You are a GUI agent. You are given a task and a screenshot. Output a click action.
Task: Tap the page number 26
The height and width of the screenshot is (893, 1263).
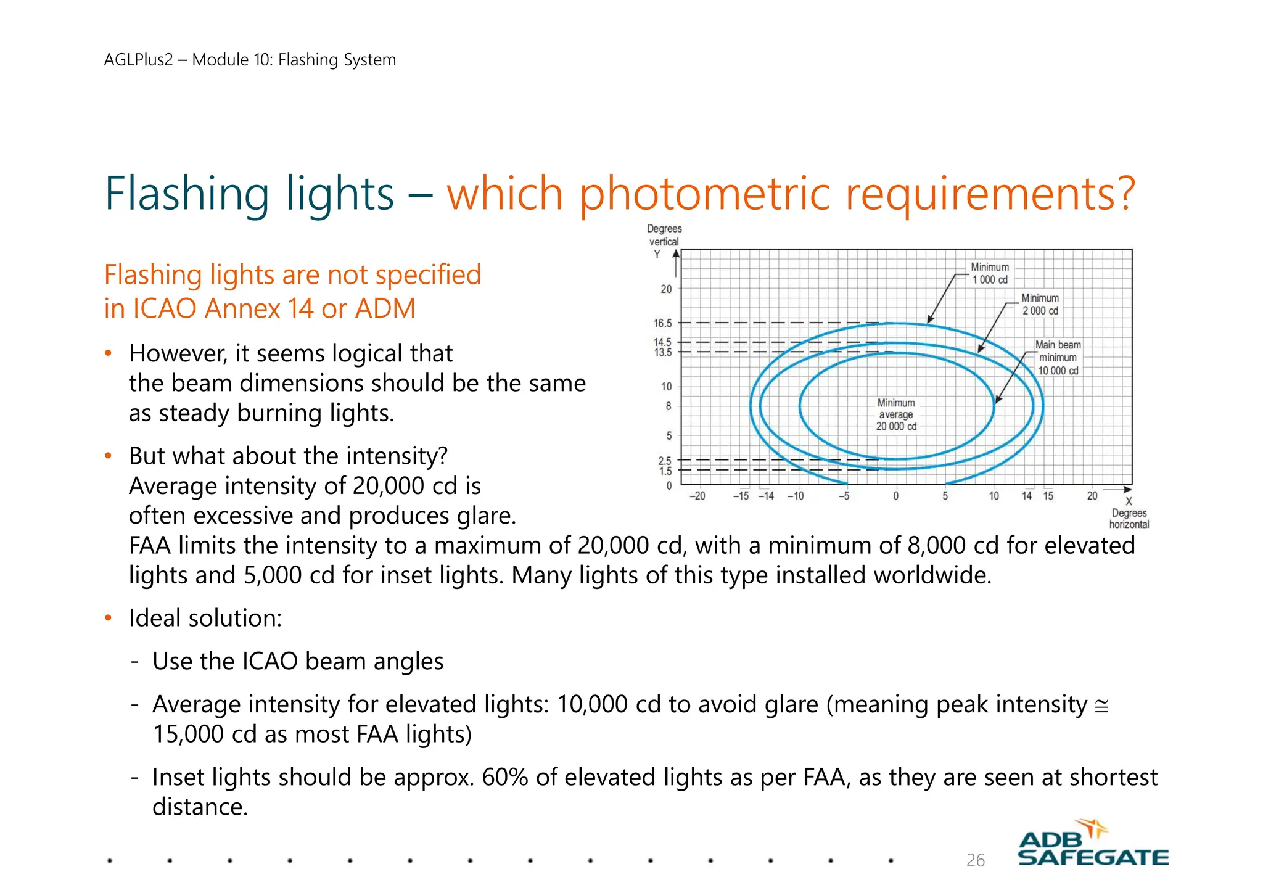click(975, 860)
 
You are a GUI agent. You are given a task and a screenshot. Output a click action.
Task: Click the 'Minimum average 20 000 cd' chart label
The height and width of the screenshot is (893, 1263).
click(896, 414)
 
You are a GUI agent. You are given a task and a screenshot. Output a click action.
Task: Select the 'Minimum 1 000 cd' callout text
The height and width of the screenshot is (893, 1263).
click(990, 273)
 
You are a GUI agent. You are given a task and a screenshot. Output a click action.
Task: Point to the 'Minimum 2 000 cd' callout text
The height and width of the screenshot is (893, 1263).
click(1040, 304)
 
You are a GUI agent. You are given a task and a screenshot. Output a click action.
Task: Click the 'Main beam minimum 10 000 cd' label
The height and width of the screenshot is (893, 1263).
click(1058, 358)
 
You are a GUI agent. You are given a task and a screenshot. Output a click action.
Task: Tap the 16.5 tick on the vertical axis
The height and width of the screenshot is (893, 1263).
click(663, 323)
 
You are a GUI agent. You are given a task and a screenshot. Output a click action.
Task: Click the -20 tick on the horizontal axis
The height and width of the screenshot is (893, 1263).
click(697, 496)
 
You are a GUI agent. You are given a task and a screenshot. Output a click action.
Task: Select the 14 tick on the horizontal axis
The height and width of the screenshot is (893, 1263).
click(1027, 496)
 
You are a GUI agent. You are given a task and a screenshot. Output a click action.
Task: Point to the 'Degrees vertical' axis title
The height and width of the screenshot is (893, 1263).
click(664, 235)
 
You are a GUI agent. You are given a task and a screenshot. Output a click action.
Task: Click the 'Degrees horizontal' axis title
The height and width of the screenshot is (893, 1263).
click(1129, 519)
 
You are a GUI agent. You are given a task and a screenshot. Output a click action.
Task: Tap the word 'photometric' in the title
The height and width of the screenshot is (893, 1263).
click(704, 194)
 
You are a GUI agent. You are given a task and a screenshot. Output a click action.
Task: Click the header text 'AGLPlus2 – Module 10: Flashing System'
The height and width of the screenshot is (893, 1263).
click(250, 60)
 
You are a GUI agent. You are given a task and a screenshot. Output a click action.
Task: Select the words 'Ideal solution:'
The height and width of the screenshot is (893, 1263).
click(205, 618)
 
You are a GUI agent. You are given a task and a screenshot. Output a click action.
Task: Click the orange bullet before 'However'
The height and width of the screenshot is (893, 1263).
click(109, 354)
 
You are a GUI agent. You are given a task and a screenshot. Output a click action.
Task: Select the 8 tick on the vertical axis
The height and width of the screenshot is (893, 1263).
click(668, 406)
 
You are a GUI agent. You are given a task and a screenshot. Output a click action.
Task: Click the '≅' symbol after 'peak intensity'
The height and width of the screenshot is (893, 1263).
click(1101, 706)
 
